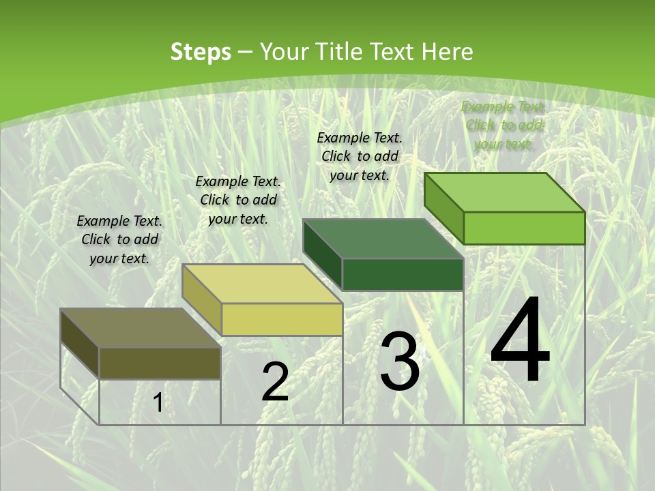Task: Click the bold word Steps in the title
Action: pos(201,52)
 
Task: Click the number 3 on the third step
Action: pos(400,361)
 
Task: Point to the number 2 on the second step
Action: pos(275,382)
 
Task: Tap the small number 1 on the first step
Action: pos(158,403)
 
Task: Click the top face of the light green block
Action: pos(505,192)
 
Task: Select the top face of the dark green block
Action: pos(383,239)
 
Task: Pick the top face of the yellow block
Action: pos(262,284)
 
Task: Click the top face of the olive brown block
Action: pos(141,328)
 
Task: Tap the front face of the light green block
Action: pos(524,228)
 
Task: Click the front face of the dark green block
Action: pos(403,274)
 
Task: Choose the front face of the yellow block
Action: pos(282,319)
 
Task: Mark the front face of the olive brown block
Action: pos(160,363)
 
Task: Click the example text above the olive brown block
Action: pos(119,239)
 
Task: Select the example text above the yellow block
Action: pos(238,200)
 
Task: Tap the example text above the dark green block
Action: pos(360,156)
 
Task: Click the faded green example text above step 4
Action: pos(504,125)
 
